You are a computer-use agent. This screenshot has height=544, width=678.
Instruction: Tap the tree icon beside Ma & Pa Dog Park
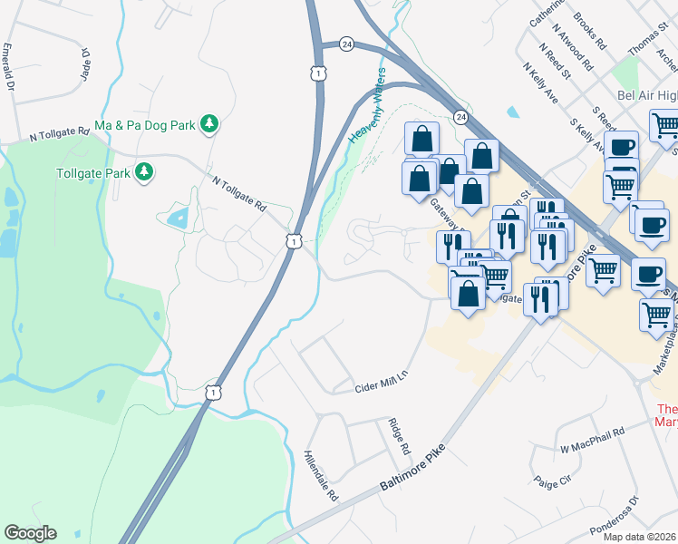(x=209, y=122)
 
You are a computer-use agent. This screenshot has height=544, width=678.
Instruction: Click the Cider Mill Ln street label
(x=382, y=383)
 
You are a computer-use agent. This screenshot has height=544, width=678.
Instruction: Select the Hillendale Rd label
(x=322, y=477)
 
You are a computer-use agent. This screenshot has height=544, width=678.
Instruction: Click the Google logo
(x=30, y=533)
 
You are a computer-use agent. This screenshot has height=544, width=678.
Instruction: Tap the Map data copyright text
(x=640, y=537)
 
